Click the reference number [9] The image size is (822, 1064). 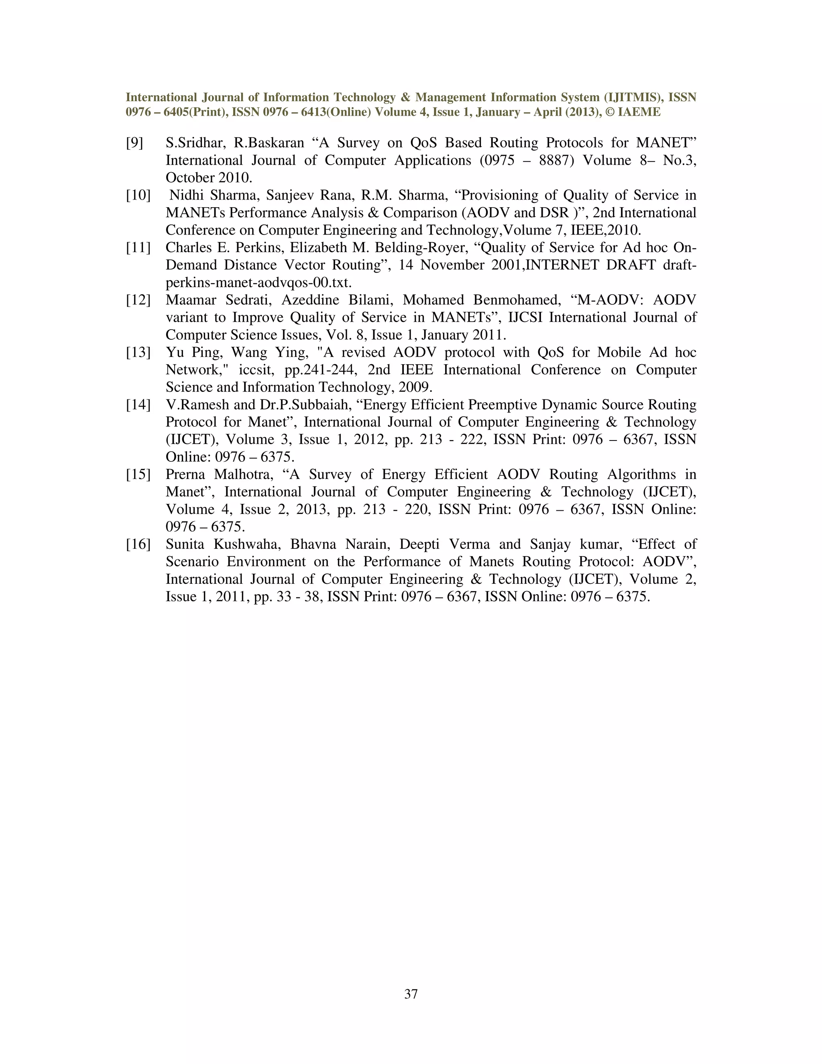click(x=134, y=143)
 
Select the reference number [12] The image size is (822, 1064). click(x=138, y=300)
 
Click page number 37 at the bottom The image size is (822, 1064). click(x=411, y=994)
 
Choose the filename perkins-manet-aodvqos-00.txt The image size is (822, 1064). click(x=258, y=283)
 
